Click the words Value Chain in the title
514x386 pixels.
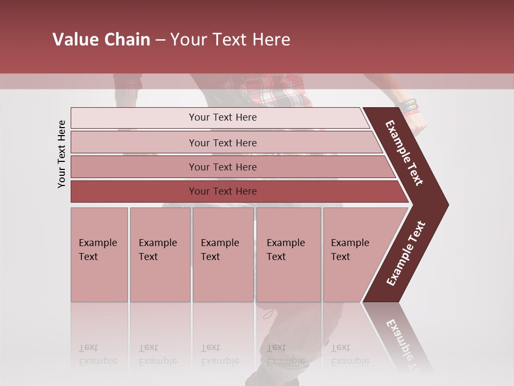pos(101,40)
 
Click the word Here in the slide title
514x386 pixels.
pos(271,40)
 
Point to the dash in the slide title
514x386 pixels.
pos(160,40)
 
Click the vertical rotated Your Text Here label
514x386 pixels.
pos(62,154)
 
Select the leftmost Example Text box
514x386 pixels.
pos(99,255)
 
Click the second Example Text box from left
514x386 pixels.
pos(160,255)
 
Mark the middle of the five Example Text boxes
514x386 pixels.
pos(223,255)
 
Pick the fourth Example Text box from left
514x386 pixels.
pos(288,255)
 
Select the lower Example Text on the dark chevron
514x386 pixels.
pos(406,253)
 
